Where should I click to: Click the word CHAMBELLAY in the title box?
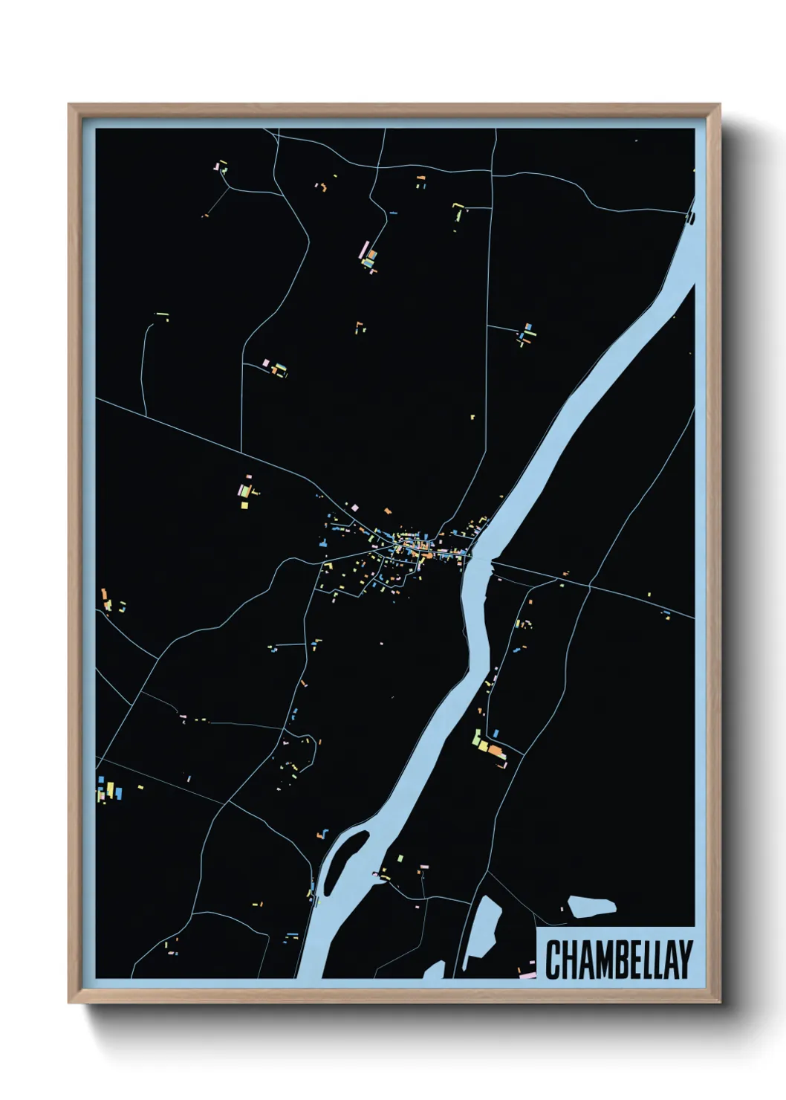[x=619, y=960]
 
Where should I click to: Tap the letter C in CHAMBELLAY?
[x=554, y=960]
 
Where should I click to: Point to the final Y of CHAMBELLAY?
[x=684, y=960]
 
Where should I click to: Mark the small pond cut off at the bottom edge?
[x=435, y=970]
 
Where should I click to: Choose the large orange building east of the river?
[x=496, y=753]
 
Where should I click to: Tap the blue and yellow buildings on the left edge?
[x=108, y=789]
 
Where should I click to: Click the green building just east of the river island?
[x=400, y=858]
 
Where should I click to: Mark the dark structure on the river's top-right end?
[x=690, y=217]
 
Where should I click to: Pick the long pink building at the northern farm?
[x=364, y=248]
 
